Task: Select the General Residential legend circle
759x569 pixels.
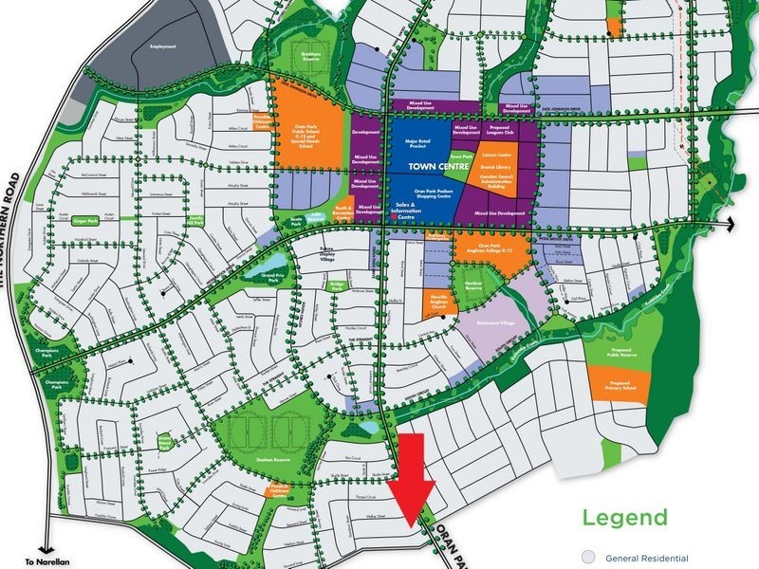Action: (588, 558)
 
